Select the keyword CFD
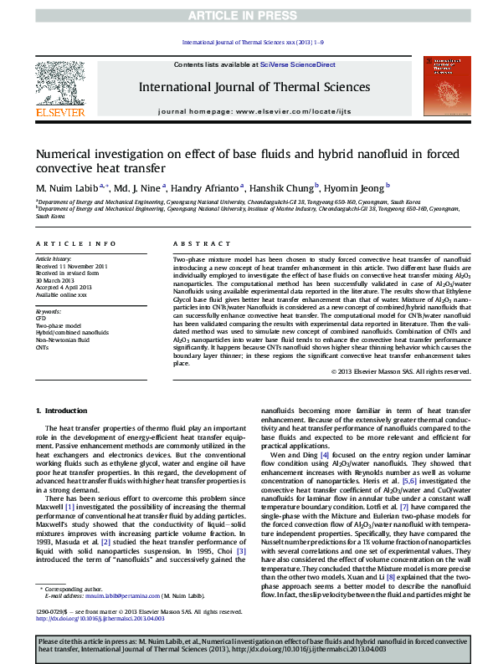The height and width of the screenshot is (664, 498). (x=40, y=319)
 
